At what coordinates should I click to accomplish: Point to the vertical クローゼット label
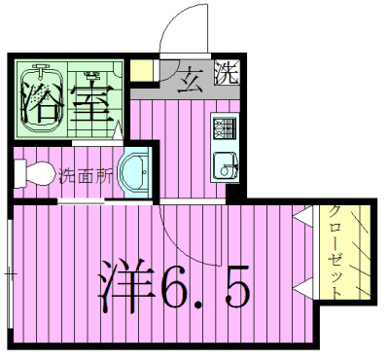[334, 252]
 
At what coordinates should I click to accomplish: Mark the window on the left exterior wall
[11, 275]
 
